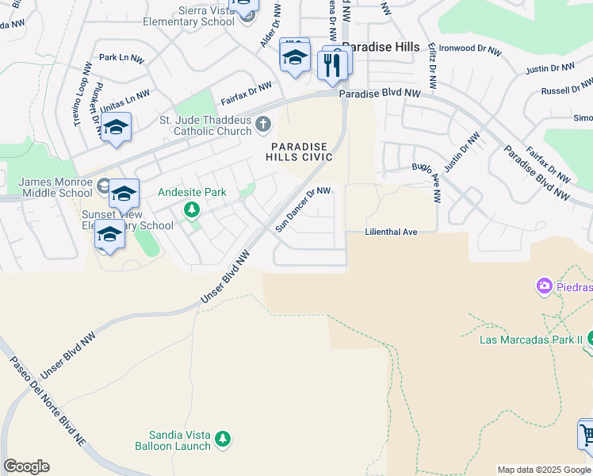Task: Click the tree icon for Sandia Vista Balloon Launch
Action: (x=223, y=438)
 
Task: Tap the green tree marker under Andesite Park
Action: (x=191, y=209)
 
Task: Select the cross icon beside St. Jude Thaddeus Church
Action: (x=263, y=125)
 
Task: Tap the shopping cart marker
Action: (x=587, y=436)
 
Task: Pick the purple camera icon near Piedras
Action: (x=544, y=286)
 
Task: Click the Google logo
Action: (x=26, y=466)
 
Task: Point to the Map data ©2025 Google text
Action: (x=544, y=470)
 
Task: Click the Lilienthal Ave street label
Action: (x=390, y=232)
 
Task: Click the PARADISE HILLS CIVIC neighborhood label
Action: (x=300, y=152)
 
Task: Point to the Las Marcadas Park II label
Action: (x=531, y=340)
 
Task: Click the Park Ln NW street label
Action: (x=121, y=59)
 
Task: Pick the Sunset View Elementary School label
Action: (x=127, y=220)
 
